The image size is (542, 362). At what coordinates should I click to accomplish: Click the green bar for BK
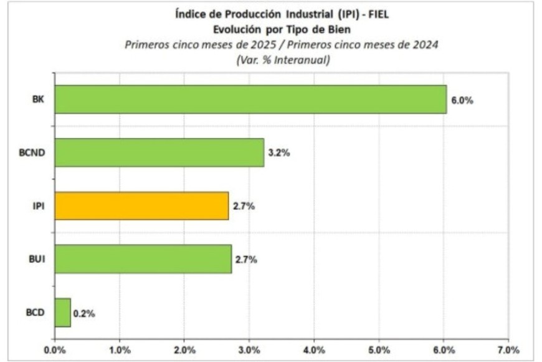tap(250, 99)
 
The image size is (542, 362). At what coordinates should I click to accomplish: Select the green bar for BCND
tap(159, 153)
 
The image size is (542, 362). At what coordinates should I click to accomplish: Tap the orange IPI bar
tap(141, 206)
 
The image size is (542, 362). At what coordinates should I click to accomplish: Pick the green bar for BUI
tap(143, 259)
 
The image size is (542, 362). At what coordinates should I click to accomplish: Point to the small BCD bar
tap(62, 313)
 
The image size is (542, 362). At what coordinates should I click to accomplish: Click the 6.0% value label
tap(462, 100)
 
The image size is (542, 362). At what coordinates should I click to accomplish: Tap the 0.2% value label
tap(84, 313)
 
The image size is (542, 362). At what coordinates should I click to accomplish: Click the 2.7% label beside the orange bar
tap(244, 207)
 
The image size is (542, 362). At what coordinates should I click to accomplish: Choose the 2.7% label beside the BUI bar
tap(246, 260)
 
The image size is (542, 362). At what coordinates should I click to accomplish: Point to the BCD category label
tap(35, 313)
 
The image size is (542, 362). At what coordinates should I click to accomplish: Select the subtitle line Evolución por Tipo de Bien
tap(282, 30)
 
